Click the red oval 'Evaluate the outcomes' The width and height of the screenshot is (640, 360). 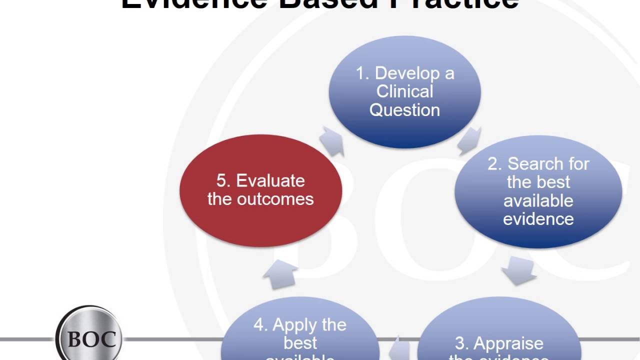(260, 190)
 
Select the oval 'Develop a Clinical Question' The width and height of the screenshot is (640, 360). (404, 92)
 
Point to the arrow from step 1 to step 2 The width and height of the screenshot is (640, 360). (468, 140)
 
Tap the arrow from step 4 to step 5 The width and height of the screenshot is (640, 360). (279, 274)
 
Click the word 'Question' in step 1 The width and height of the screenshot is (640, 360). (404, 110)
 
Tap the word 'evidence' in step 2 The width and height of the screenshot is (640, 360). (538, 219)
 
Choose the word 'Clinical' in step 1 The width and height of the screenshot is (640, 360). (404, 91)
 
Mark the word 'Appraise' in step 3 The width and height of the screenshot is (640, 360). (508, 343)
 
